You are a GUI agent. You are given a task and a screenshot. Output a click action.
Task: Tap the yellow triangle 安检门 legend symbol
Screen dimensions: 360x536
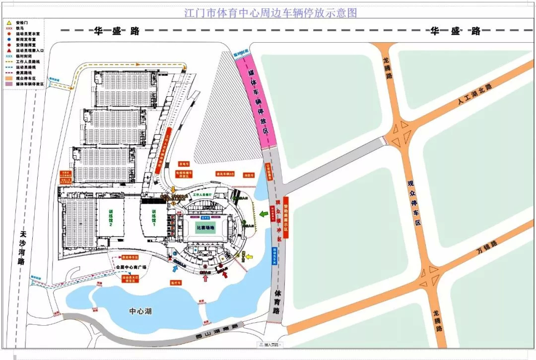coord(8,23)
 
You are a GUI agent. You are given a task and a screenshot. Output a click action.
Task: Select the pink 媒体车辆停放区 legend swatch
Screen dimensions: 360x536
coord(9,85)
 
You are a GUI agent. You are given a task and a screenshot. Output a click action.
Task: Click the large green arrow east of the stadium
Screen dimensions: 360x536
coord(263,214)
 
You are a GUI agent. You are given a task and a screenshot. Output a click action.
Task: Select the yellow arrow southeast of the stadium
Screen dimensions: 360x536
coord(249,257)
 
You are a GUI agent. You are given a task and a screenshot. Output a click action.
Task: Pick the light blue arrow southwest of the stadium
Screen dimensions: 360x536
coord(175,268)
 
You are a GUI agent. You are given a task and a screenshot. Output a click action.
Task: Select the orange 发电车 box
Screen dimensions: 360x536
coord(184,165)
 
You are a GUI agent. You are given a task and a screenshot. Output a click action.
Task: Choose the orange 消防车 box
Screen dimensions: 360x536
coord(249,175)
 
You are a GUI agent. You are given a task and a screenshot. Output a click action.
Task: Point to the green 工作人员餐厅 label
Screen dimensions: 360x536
coord(202,195)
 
